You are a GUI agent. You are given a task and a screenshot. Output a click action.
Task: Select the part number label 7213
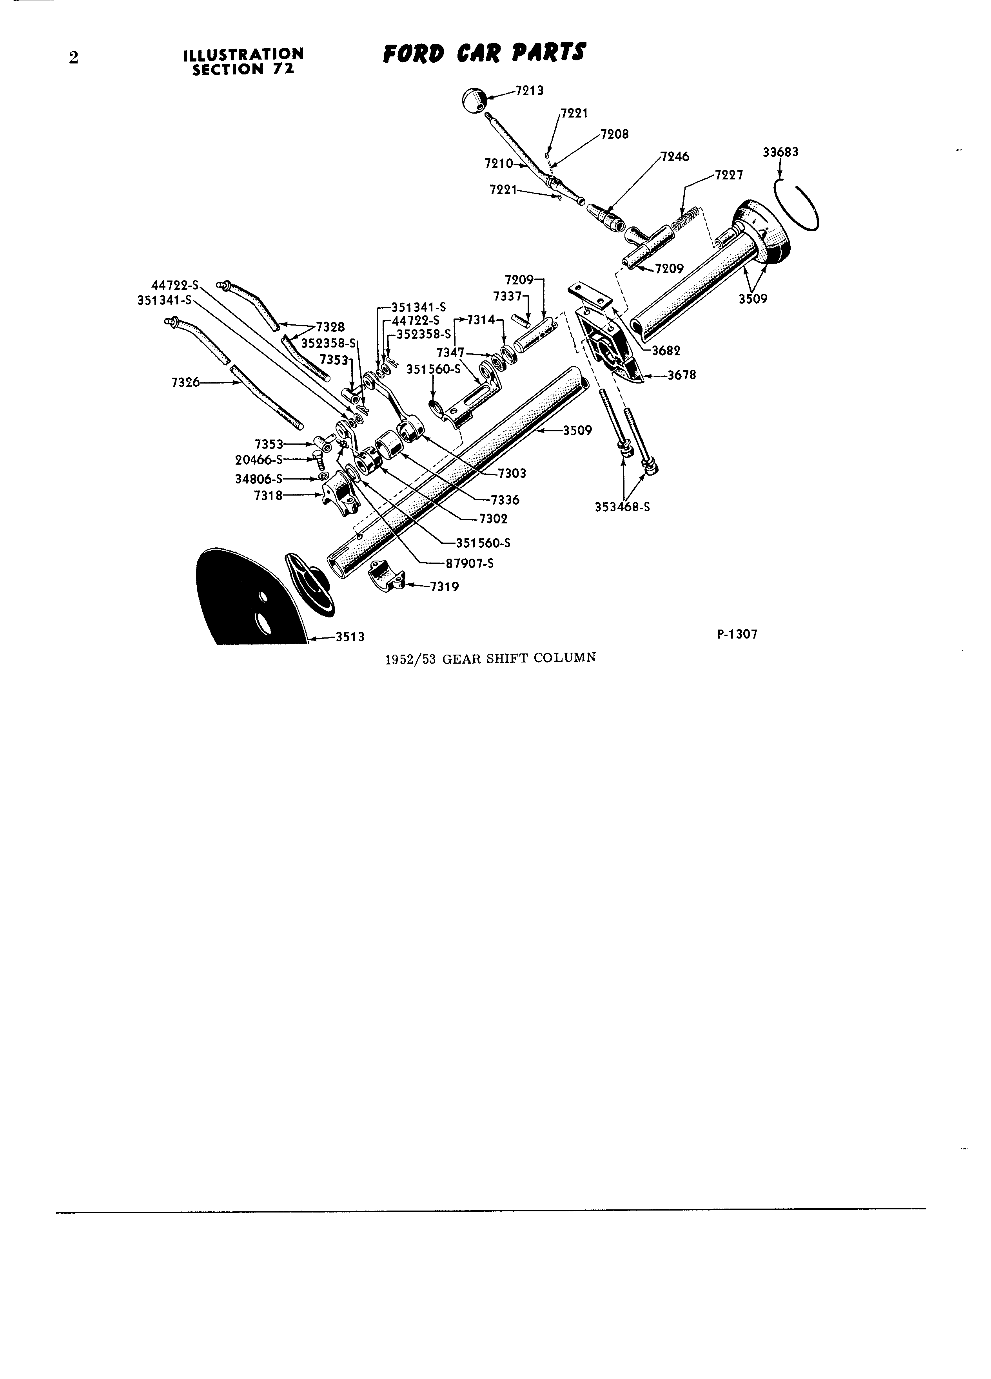[529, 90]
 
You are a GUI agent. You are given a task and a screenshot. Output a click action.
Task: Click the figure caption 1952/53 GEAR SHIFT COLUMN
[490, 657]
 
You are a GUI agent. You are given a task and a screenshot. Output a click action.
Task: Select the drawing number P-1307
[737, 634]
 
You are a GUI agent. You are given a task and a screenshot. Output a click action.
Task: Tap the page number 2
[74, 58]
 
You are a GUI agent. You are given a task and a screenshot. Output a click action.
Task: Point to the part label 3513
[350, 637]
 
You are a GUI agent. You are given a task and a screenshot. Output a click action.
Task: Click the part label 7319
[445, 587]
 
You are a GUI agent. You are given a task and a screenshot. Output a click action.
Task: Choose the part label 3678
[682, 375]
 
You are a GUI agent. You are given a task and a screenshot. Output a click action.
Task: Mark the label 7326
[185, 382]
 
